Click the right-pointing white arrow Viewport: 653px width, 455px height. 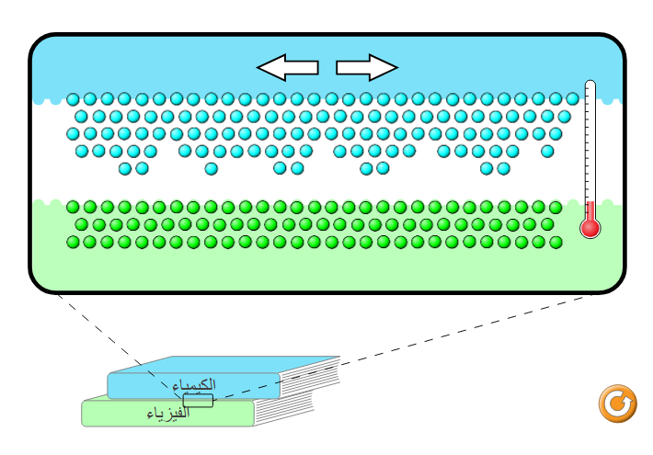366,67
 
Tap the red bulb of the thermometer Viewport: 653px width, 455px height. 590,227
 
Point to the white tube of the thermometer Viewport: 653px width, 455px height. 590,138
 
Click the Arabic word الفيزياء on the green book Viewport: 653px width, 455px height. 168,414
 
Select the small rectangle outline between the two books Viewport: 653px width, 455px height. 198,400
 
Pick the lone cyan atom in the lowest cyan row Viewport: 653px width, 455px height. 211,168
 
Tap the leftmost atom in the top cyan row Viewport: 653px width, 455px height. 73,99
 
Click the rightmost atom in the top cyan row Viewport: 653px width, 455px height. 572,99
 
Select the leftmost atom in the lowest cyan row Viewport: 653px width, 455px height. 124,168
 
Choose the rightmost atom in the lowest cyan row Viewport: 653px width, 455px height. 503,168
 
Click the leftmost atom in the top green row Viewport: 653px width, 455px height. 73,207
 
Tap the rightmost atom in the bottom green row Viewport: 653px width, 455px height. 556,242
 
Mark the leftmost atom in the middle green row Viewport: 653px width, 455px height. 81,224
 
